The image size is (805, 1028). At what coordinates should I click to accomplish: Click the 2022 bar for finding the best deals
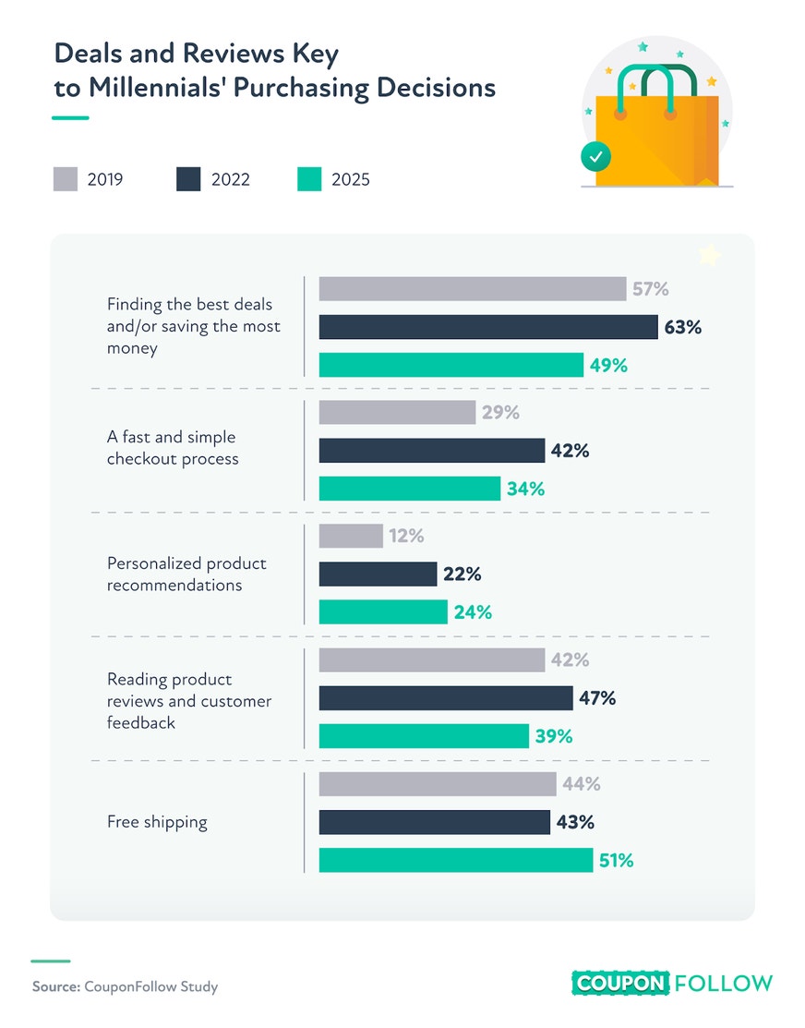[x=488, y=327]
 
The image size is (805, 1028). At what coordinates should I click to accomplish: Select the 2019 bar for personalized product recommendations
[x=351, y=536]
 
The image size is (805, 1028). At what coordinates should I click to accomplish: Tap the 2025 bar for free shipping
[x=456, y=860]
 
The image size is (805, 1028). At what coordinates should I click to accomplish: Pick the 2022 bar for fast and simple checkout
[x=432, y=451]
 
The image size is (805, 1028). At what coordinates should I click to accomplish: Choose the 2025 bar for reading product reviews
[x=424, y=736]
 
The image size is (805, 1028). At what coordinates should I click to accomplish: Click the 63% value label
[x=683, y=327]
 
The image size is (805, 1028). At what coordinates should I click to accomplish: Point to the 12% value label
[x=406, y=537]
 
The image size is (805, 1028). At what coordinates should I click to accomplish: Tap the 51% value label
[x=616, y=860]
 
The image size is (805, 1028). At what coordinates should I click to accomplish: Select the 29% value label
[x=501, y=412]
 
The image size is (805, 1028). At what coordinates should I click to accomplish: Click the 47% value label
[x=597, y=698]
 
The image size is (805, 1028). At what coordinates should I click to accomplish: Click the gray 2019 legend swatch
[x=66, y=179]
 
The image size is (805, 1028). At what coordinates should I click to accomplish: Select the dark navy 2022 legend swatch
[x=189, y=179]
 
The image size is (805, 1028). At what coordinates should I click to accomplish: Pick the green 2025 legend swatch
[x=309, y=179]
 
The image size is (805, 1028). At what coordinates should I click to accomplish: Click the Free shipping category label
[x=157, y=822]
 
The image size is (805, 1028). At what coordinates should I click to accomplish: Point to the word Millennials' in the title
[x=157, y=87]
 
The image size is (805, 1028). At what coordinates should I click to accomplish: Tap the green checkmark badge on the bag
[x=595, y=157]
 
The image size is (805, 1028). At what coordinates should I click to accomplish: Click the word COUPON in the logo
[x=620, y=984]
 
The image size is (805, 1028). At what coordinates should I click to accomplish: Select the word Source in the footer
[x=56, y=986]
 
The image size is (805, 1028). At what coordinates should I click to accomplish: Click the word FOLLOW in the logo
[x=724, y=984]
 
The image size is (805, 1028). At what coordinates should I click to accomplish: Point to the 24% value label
[x=474, y=612]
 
